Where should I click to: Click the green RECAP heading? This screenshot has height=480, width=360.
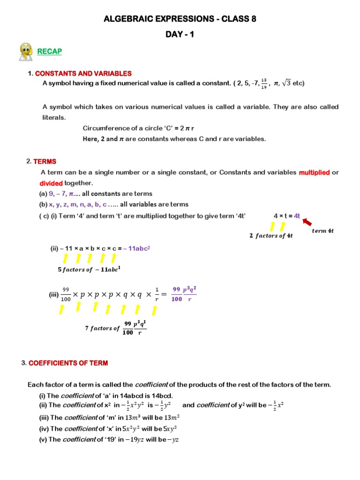click(x=50, y=51)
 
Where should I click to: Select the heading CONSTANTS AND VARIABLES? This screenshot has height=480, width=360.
click(x=83, y=74)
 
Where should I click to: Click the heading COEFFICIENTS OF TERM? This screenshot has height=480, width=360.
click(x=68, y=363)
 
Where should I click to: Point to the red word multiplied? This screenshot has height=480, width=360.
click(x=314, y=172)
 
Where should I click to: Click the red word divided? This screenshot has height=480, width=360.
click(x=51, y=183)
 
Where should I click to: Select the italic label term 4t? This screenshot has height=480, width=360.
click(x=322, y=231)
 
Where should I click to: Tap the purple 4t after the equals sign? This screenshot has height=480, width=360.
click(x=296, y=216)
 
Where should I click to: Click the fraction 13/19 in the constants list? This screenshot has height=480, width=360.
click(x=264, y=83)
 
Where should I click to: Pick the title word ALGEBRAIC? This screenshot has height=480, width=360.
click(x=132, y=19)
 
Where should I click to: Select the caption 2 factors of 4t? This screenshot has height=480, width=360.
click(x=271, y=236)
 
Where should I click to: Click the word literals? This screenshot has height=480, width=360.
click(x=54, y=117)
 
